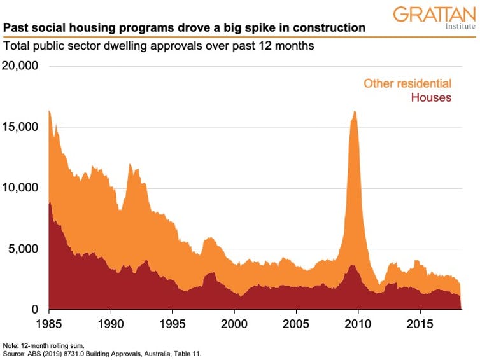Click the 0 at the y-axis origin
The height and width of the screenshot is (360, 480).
coord(36,310)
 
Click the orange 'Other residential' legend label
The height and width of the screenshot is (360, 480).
coord(407,83)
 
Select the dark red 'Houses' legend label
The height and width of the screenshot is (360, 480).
coord(431,98)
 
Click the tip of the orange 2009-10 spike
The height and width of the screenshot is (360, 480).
coord(354,112)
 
